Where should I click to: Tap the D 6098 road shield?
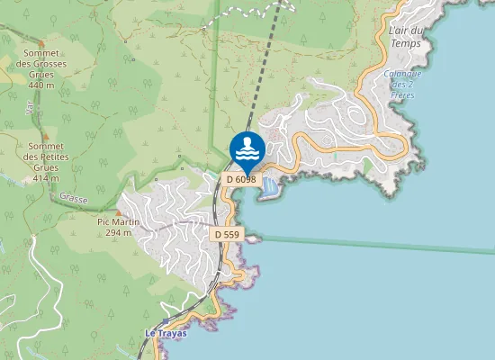(x=241, y=179)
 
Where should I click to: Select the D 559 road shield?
(x=226, y=234)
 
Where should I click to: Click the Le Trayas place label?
(x=164, y=333)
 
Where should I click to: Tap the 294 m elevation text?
(x=118, y=232)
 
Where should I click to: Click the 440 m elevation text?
(x=41, y=85)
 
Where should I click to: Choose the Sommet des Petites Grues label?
(x=45, y=157)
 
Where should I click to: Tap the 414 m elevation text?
(x=45, y=178)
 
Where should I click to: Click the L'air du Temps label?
(x=406, y=37)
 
